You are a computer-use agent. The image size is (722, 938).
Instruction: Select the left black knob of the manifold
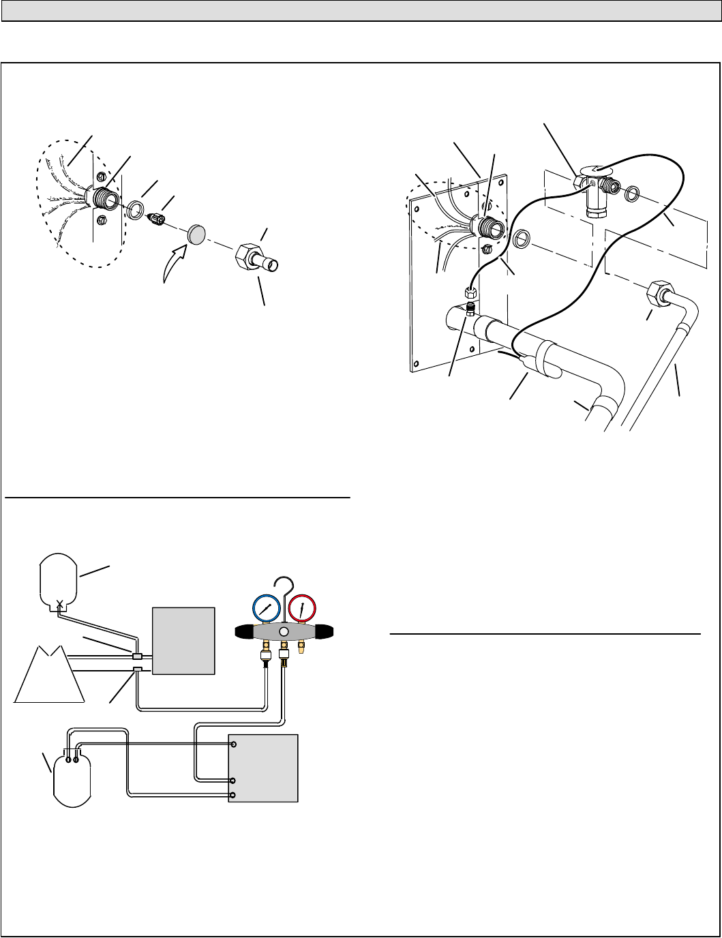point(243,632)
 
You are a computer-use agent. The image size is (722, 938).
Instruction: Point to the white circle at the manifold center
point(284,632)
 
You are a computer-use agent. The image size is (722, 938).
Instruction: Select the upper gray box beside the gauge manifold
point(183,641)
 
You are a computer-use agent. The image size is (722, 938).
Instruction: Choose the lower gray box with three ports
point(263,768)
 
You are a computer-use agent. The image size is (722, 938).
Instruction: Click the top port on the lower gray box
point(234,744)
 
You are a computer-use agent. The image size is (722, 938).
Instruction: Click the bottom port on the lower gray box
point(234,796)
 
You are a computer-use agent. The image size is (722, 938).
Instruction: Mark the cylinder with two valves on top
point(73,777)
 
